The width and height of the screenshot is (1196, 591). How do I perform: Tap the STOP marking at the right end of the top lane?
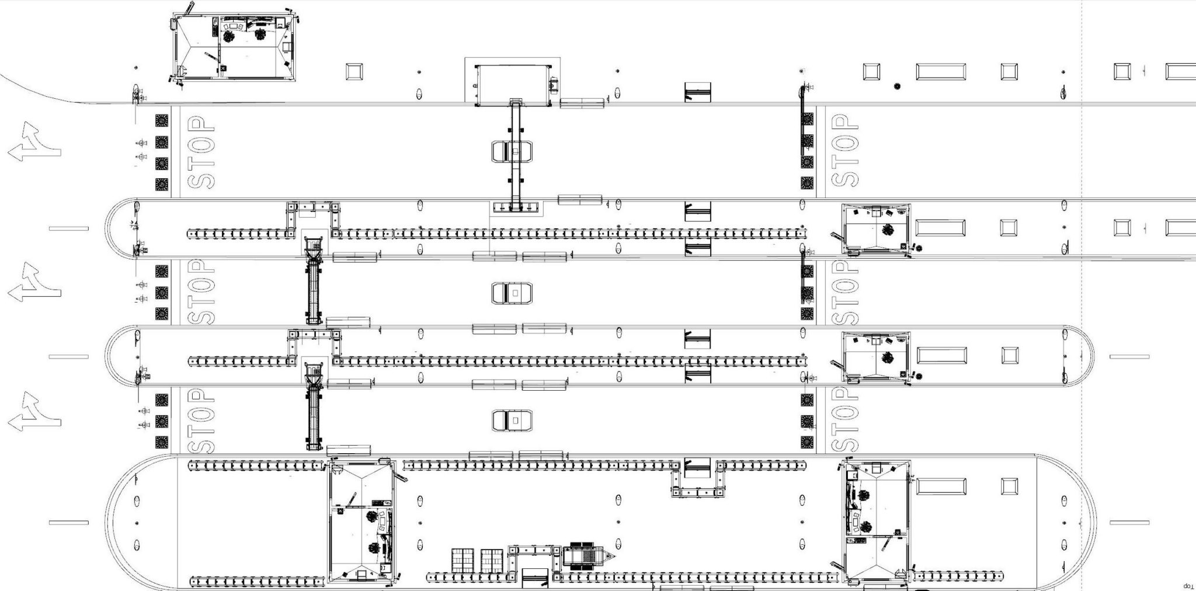[845, 150]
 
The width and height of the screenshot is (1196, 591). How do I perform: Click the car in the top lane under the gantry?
[513, 151]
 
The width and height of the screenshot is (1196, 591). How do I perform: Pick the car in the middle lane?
[512, 293]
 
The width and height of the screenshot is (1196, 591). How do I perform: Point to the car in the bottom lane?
[512, 420]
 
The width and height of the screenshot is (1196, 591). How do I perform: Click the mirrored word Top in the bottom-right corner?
[1187, 585]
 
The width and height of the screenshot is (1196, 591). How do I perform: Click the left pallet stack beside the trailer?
[463, 559]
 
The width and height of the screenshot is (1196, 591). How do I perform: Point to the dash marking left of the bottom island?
[68, 523]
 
